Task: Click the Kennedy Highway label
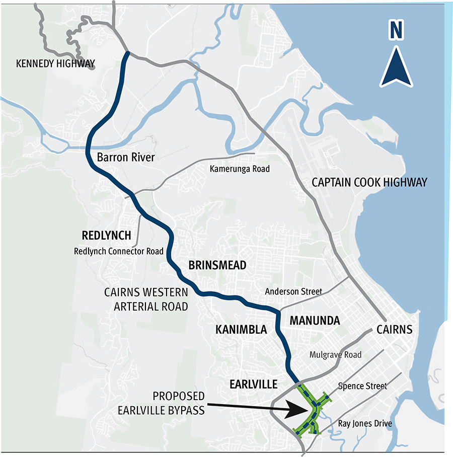[55, 64]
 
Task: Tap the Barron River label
[125, 158]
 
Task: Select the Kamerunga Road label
[240, 169]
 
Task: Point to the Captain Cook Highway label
[369, 182]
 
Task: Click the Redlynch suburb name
[106, 236]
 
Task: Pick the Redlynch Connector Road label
[119, 251]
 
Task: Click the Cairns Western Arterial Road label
[146, 299]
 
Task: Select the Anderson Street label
[293, 291]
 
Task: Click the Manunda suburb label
[315, 321]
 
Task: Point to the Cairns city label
[394, 330]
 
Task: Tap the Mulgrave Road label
[336, 355]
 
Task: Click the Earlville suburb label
[253, 385]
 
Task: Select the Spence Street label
[362, 386]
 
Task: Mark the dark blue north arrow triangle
[396, 68]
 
